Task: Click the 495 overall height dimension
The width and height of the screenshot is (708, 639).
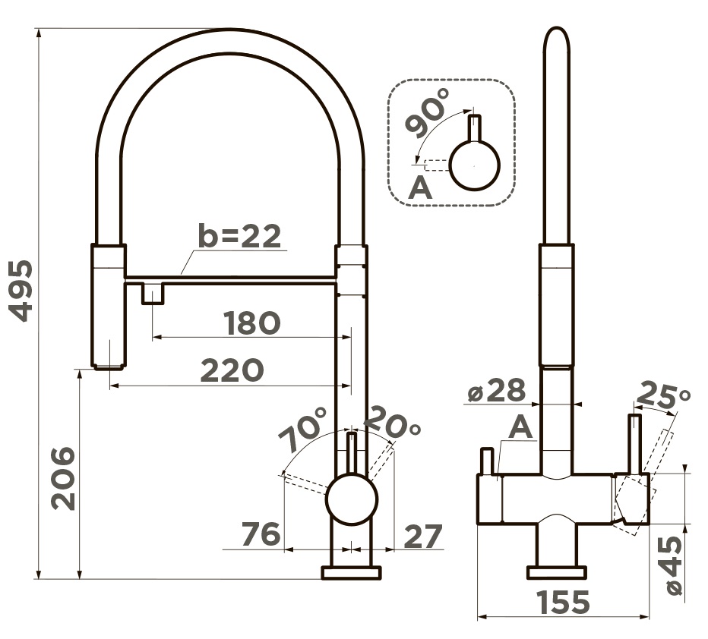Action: [21, 291]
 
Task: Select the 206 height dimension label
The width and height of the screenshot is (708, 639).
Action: [63, 478]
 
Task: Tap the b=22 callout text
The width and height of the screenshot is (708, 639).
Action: [239, 235]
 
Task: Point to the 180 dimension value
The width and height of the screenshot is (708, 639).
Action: [252, 323]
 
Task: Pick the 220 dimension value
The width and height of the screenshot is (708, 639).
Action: [232, 370]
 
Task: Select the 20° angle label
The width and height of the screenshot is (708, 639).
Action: [392, 422]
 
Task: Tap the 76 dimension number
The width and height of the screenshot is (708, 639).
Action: [261, 534]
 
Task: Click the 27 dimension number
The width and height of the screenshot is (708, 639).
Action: [422, 537]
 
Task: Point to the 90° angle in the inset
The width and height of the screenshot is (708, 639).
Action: [427, 112]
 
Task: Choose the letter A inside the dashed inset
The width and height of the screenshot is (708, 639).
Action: [420, 187]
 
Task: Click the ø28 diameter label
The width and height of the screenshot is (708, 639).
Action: [497, 390]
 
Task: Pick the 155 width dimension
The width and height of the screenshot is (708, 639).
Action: [563, 602]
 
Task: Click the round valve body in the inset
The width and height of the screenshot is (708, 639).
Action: [475, 165]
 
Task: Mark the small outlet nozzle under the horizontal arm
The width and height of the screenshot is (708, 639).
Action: [153, 293]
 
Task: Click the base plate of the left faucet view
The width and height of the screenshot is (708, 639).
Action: [351, 572]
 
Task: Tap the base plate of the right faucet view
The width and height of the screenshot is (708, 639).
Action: [557, 571]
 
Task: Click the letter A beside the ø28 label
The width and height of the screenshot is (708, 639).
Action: [520, 427]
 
